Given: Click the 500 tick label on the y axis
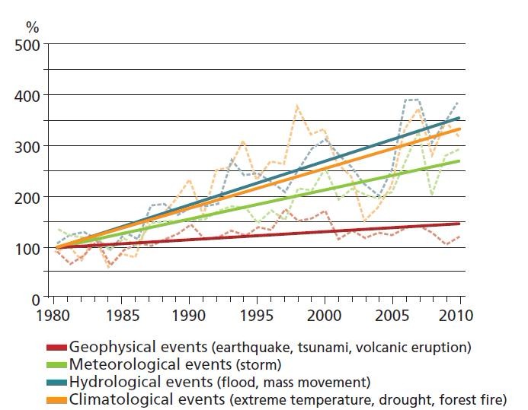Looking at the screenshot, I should pyautogui.click(x=28, y=44).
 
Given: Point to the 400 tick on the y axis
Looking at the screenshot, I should pyautogui.click(x=28, y=95).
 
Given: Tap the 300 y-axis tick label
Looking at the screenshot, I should pyautogui.click(x=28, y=146).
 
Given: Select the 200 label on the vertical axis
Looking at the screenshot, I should pyautogui.click(x=28, y=197).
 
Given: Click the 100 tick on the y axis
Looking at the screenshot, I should pyautogui.click(x=28, y=248).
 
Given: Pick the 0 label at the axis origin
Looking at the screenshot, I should pyautogui.click(x=37, y=299).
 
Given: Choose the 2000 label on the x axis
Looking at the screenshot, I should pyautogui.click(x=325, y=314).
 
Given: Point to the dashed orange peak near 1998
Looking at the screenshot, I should pyautogui.click(x=296, y=106).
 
